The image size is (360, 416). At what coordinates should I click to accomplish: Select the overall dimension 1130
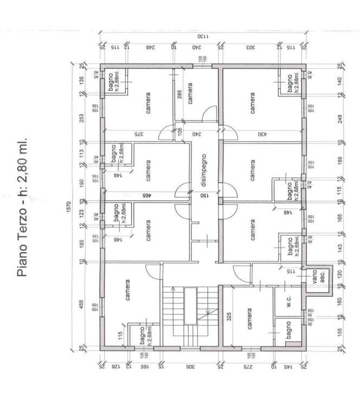(x=202, y=36)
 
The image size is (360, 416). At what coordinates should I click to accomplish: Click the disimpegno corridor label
(x=204, y=163)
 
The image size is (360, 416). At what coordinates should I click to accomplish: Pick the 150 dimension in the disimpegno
(x=204, y=195)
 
